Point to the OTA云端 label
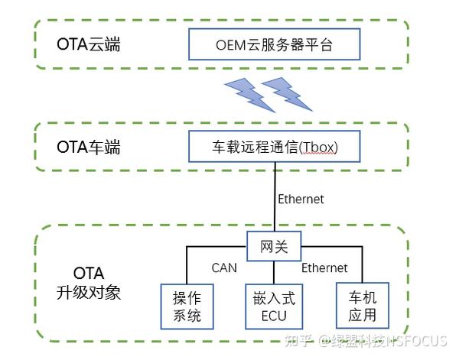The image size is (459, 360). (89, 44)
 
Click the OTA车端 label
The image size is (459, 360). (89, 147)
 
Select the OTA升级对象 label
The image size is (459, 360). (89, 283)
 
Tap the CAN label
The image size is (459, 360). (224, 268)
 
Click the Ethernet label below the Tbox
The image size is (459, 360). (301, 199)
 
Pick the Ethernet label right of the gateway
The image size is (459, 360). (324, 268)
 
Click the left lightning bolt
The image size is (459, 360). (249, 95)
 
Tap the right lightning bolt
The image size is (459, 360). (287, 94)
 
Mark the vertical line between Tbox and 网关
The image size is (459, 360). (275, 197)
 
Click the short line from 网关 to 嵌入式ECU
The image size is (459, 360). (274, 272)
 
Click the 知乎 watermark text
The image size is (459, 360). (298, 341)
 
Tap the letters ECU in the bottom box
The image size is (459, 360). (274, 316)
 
